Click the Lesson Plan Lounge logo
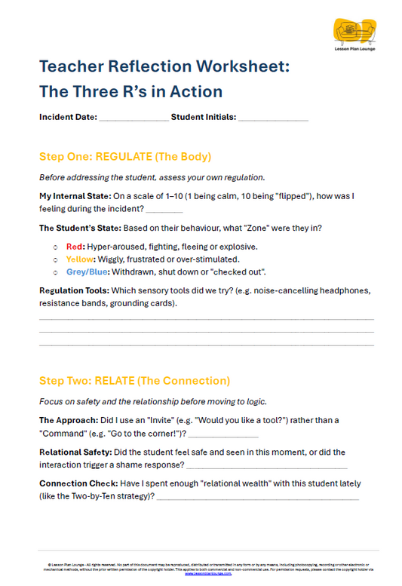coord(354,34)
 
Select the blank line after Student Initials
coord(273,119)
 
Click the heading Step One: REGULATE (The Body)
coord(124,158)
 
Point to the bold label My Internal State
coord(69,196)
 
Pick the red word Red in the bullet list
coord(75,246)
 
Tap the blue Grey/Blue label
coord(85,272)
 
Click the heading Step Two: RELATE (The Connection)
coord(134,381)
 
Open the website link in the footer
coord(201,574)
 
